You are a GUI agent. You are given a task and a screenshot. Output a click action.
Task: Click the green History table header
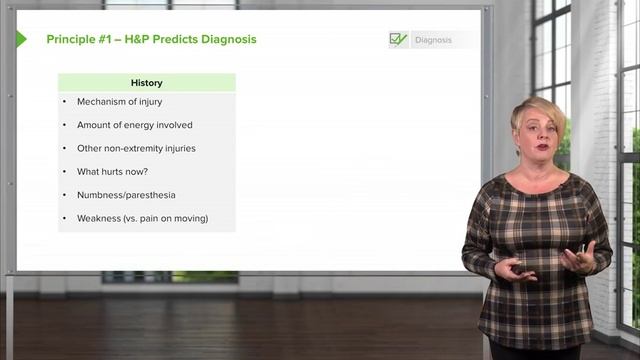146,83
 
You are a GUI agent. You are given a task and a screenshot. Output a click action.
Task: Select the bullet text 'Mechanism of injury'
119,102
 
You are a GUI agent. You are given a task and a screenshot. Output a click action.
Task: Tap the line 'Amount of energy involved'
134,125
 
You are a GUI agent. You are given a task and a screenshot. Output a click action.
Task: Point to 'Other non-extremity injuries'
136,148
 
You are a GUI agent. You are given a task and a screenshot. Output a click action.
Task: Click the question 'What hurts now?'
112,171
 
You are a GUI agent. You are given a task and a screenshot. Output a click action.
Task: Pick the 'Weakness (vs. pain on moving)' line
142,218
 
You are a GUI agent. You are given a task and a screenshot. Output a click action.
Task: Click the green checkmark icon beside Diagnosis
398,40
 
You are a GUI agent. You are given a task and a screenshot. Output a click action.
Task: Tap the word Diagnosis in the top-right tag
433,40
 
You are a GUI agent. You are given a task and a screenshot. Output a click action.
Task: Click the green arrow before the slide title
21,39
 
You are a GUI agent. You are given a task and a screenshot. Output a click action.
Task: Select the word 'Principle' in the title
70,40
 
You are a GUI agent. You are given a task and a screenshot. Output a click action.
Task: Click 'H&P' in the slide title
138,40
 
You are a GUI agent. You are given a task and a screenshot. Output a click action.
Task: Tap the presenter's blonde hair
538,108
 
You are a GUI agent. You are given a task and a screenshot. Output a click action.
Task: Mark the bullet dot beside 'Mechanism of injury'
64,102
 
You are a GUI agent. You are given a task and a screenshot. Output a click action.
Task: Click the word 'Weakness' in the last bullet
99,218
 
